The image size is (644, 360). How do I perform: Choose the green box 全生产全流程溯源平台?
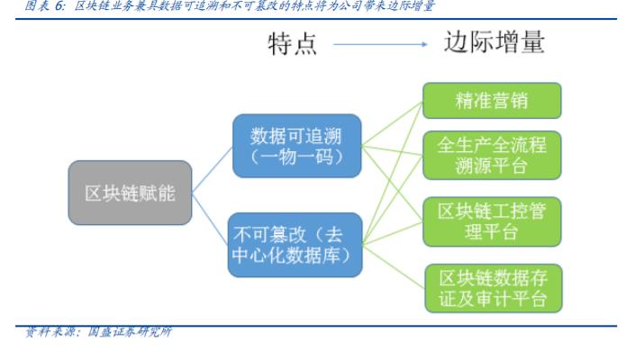(x=492, y=157)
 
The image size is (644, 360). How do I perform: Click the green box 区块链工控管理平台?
(x=492, y=220)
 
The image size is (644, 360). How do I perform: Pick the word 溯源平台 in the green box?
(x=492, y=167)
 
